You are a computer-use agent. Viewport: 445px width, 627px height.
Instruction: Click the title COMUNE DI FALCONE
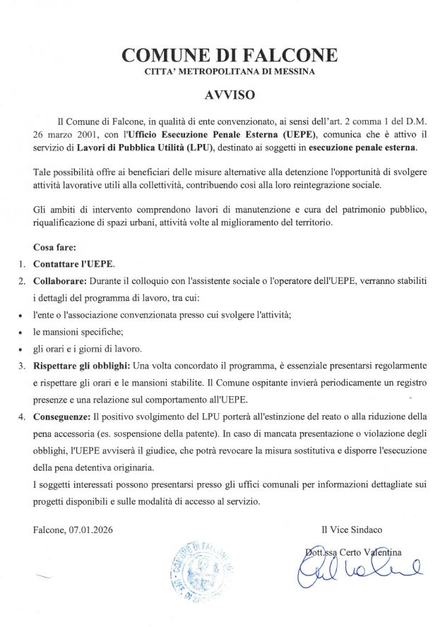pyautogui.click(x=230, y=54)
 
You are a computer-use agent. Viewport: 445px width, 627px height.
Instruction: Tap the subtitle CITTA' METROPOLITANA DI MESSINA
pyautogui.click(x=230, y=71)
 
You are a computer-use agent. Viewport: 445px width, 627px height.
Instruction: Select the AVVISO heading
pyautogui.click(x=229, y=93)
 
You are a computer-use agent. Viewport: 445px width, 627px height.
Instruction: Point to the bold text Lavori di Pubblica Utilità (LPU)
pyautogui.click(x=148, y=147)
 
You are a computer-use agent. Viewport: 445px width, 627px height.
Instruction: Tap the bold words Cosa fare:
pyautogui.click(x=59, y=248)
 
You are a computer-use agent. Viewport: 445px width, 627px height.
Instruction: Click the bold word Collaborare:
pyautogui.click(x=59, y=281)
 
